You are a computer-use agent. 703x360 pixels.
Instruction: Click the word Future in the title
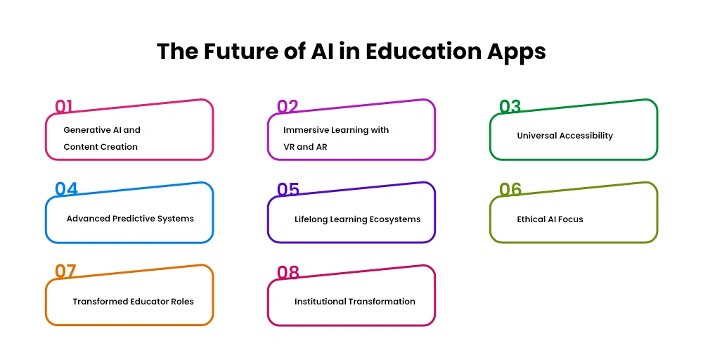click(x=240, y=51)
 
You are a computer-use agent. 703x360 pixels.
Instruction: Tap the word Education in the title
click(x=424, y=51)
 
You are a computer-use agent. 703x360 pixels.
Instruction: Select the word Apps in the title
click(x=517, y=53)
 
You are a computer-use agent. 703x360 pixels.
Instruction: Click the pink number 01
click(x=63, y=106)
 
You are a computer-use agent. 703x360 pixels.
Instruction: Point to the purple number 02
click(x=288, y=106)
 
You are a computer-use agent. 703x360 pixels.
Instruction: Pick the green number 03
click(x=510, y=106)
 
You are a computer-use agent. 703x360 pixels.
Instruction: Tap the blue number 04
click(x=66, y=189)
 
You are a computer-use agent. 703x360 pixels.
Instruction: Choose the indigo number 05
click(x=288, y=189)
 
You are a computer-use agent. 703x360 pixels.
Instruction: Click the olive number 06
click(x=510, y=189)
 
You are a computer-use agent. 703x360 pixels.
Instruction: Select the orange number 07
click(x=65, y=271)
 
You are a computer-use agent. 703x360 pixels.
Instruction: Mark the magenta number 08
click(x=288, y=272)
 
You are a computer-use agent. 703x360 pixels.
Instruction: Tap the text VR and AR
click(x=305, y=146)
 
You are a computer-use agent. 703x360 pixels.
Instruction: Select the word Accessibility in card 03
click(x=587, y=136)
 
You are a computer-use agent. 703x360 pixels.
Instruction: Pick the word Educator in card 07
click(x=149, y=301)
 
